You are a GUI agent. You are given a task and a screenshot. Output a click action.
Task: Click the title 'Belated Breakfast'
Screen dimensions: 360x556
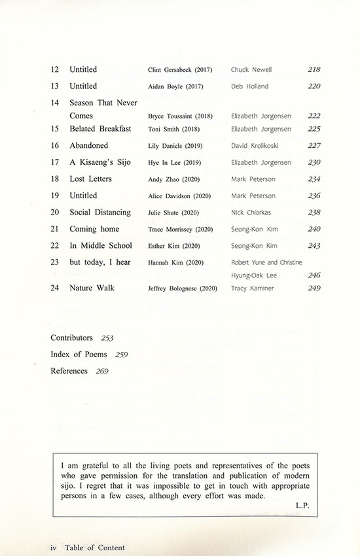tap(100, 129)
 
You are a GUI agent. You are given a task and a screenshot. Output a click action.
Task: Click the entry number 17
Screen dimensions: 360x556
tap(55, 162)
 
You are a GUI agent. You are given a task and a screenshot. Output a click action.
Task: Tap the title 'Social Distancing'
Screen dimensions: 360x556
tap(100, 213)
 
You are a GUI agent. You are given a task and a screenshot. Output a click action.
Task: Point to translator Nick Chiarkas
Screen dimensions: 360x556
tap(253, 213)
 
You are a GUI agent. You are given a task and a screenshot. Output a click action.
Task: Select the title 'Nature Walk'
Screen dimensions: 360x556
tap(91, 288)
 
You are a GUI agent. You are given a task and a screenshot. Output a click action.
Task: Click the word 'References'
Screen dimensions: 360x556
tap(69, 371)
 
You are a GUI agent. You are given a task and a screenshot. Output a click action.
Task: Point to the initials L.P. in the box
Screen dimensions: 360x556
tap(302, 505)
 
